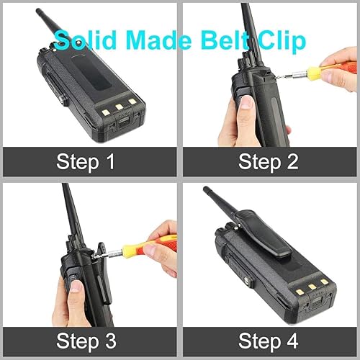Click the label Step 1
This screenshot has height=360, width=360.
click(86, 161)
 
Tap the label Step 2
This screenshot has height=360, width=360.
click(268, 161)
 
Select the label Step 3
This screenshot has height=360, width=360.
click(86, 339)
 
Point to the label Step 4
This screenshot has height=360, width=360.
click(268, 339)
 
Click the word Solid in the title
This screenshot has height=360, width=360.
click(81, 39)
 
